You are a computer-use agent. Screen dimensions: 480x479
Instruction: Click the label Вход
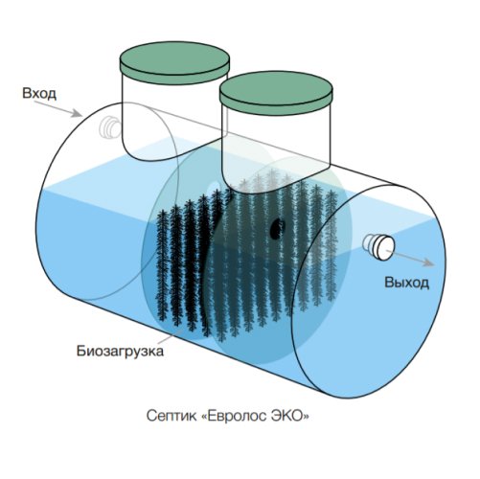39,94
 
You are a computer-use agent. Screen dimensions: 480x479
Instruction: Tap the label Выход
406,283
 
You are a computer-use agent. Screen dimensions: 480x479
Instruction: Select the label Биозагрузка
120,351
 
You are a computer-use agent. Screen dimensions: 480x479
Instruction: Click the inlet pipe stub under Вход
109,127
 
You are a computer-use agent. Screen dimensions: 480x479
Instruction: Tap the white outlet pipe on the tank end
379,247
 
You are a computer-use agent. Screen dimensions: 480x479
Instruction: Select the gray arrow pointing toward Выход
410,258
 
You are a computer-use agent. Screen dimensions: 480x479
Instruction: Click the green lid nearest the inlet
174,63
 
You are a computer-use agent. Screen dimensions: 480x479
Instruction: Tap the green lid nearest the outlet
276,92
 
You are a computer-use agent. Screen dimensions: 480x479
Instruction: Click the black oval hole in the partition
277,229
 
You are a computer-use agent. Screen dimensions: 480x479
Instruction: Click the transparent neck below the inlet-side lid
174,118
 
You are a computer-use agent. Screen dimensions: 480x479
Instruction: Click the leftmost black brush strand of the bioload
162,265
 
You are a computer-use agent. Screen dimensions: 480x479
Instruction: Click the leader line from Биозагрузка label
171,336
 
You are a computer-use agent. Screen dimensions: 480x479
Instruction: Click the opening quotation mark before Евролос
204,417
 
